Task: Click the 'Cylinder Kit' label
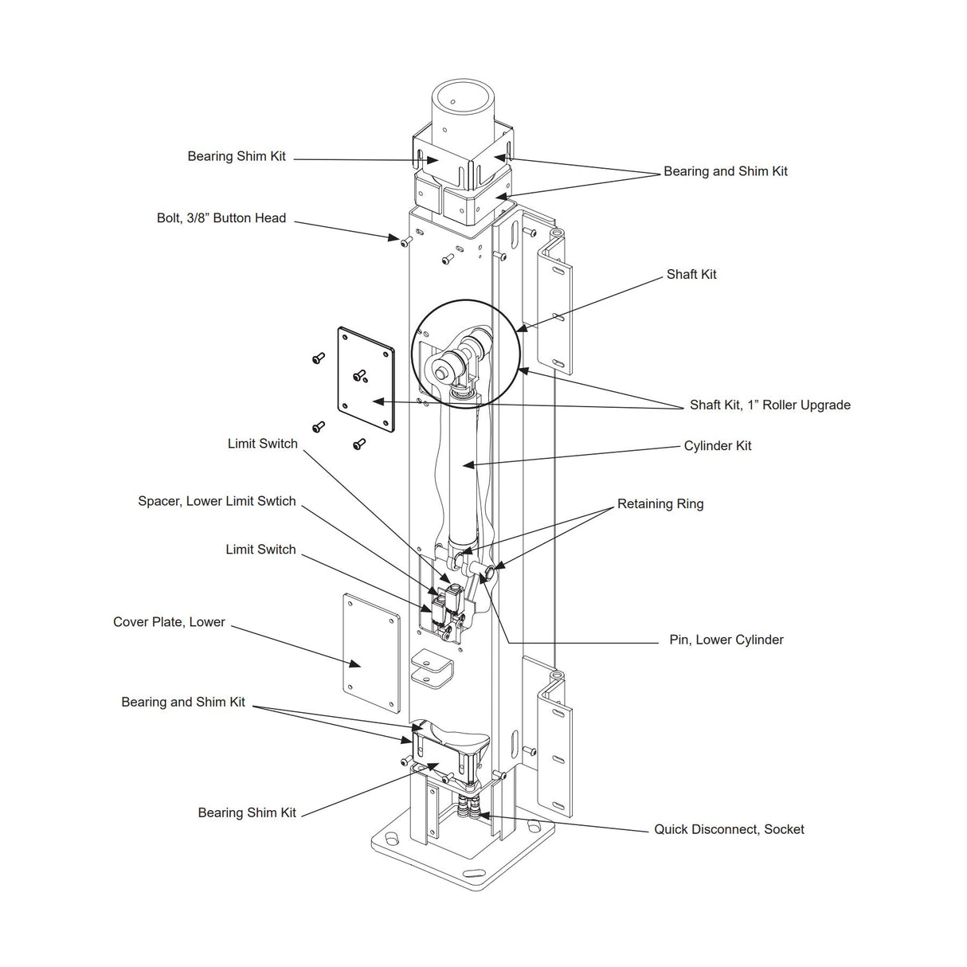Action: point(717,446)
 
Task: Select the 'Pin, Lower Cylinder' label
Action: point(726,640)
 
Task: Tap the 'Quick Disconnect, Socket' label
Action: point(729,829)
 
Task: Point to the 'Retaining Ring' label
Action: point(660,504)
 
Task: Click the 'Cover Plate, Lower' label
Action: point(169,622)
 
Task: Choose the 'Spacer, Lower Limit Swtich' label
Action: point(217,502)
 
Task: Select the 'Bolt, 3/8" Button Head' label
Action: point(221,218)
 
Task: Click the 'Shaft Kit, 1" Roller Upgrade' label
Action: point(769,405)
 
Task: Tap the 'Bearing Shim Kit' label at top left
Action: point(237,157)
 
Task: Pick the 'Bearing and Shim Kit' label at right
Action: point(725,171)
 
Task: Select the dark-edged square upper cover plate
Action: point(366,380)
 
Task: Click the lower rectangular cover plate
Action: point(370,653)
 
